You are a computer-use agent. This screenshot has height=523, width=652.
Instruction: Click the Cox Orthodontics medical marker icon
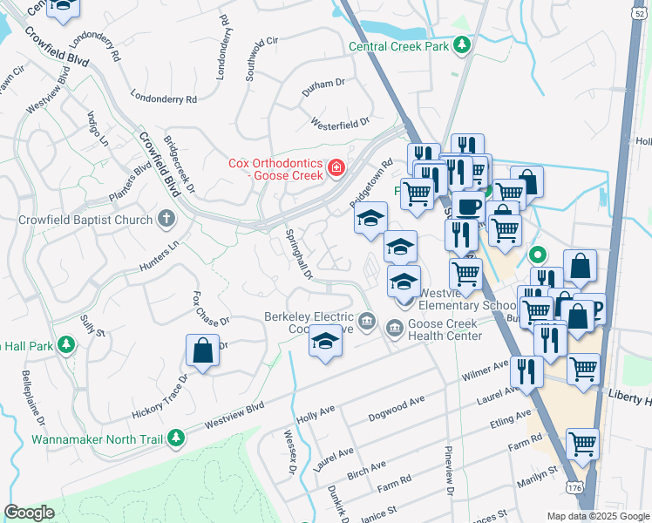(335, 167)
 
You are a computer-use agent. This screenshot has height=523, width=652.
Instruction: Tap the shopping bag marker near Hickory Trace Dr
(202, 352)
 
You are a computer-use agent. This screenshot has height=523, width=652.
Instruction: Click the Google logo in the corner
(30, 512)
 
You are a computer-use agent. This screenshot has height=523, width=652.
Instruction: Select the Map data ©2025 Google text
(598, 516)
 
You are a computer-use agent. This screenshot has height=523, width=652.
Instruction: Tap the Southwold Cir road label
(261, 58)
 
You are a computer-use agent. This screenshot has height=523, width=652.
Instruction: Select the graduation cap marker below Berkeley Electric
(325, 341)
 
